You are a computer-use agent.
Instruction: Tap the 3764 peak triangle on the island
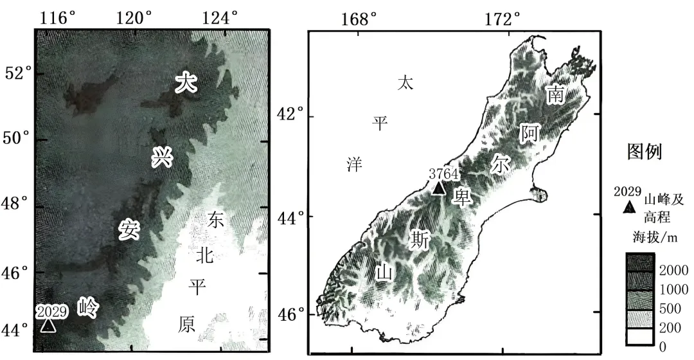click(x=439, y=188)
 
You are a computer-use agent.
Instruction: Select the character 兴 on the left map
click(x=162, y=157)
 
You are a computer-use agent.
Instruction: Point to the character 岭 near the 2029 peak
click(x=88, y=308)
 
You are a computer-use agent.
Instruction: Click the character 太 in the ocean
click(x=405, y=82)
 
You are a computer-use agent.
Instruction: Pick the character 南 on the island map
click(x=555, y=95)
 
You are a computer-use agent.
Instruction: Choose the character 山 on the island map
click(x=384, y=273)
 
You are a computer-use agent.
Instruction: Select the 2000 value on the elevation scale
click(x=674, y=271)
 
